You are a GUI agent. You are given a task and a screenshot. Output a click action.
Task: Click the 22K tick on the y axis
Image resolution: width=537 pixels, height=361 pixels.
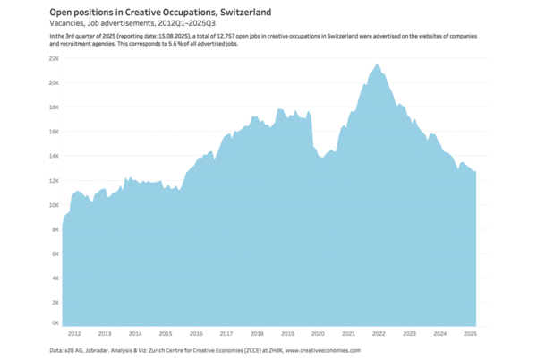54,58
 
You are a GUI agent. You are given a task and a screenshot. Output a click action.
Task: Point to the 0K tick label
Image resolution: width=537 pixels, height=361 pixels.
55,322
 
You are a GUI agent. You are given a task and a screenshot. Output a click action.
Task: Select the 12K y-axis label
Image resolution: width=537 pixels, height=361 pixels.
54,180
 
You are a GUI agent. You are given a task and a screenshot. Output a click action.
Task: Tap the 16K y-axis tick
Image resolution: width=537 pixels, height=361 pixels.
54,132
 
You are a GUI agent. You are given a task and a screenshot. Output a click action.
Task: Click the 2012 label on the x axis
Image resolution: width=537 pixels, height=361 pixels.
73,333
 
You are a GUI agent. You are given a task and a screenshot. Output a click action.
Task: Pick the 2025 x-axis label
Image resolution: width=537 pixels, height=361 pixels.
470,333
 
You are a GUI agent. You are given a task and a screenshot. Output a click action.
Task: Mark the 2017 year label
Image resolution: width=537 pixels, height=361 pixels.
226,333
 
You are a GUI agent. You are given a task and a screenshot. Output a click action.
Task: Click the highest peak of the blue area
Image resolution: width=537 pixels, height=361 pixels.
377,64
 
